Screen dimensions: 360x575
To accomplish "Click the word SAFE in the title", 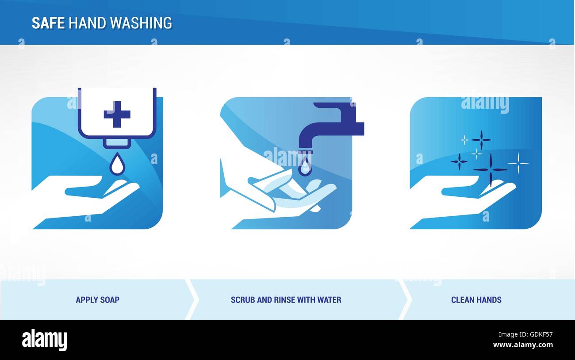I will (x=49, y=23).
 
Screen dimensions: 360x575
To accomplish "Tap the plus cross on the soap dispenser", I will (x=117, y=114).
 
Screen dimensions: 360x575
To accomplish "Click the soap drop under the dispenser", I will (x=117, y=165).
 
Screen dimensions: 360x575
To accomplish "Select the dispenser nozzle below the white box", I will (x=117, y=143).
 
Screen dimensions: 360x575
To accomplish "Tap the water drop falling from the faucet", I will (x=305, y=167).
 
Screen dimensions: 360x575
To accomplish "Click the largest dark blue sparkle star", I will (x=490, y=169).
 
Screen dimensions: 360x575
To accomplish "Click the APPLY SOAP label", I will (x=97, y=300).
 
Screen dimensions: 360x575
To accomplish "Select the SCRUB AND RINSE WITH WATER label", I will (x=286, y=300).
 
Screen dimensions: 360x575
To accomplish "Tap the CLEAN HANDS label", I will (x=476, y=300).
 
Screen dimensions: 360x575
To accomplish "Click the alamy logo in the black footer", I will (x=44, y=340).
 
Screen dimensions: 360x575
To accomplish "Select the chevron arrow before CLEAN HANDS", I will (x=404, y=299).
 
